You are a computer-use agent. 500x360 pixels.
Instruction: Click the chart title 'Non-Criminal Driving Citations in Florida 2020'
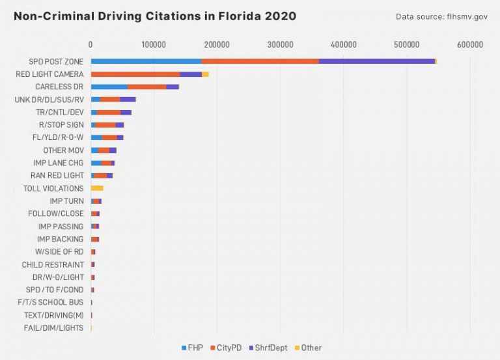coord(155,16)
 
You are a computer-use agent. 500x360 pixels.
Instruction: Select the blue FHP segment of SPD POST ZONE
coord(146,61)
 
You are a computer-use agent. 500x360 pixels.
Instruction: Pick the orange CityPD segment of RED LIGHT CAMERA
coord(135,74)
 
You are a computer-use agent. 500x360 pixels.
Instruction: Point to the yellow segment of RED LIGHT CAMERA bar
coord(205,74)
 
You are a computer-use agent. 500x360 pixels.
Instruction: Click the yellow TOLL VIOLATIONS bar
coord(97,188)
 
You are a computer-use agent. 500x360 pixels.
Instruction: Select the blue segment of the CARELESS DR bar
coord(109,87)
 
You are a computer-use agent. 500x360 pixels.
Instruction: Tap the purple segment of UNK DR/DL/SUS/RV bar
coord(128,100)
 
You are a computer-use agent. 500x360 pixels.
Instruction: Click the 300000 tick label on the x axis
coord(280,44)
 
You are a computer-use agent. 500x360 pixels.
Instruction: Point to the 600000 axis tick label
coord(469,44)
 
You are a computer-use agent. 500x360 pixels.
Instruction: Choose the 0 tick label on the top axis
coord(90,44)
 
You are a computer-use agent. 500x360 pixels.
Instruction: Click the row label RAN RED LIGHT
coord(57,176)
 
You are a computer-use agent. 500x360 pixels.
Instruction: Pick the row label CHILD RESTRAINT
coord(53,265)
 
